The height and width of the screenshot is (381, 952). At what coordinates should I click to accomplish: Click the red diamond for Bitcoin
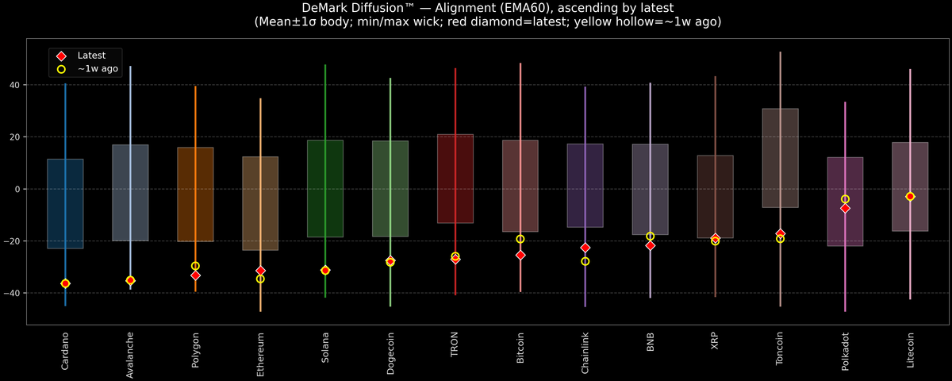[x=520, y=255]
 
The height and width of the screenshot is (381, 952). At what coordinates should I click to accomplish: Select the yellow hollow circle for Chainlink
[x=585, y=261]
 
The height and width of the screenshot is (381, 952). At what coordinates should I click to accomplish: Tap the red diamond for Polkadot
[x=845, y=208]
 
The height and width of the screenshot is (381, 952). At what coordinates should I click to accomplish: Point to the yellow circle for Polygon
[x=195, y=266]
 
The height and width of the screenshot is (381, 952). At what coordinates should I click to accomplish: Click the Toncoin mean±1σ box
[x=780, y=158]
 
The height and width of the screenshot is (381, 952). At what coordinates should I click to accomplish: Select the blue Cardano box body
[x=65, y=204]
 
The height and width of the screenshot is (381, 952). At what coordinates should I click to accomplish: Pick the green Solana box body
[x=325, y=188]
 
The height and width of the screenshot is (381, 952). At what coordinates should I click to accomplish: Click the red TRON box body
[x=455, y=179]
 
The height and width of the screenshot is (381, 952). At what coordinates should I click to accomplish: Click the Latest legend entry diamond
[x=61, y=56]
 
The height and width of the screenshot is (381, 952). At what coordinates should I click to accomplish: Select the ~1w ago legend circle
[x=61, y=69]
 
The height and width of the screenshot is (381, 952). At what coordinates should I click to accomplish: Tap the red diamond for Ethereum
[x=260, y=271]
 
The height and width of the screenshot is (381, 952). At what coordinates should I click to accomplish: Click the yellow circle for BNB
[x=651, y=237]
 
